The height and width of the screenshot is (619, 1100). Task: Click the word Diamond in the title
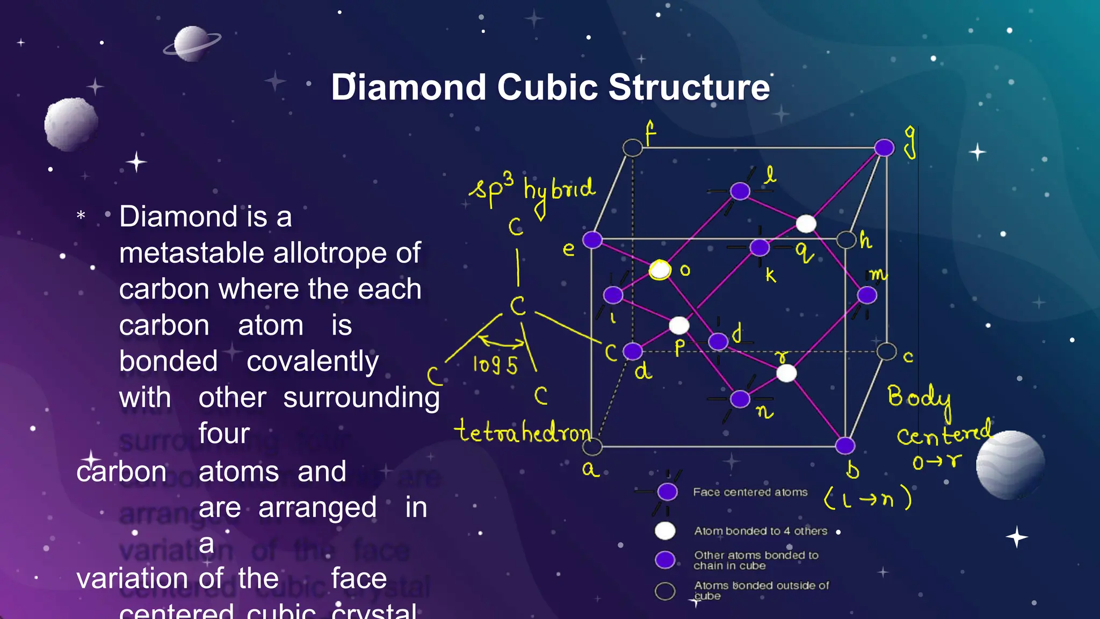(x=408, y=87)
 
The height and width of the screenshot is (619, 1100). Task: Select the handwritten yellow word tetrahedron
(x=522, y=432)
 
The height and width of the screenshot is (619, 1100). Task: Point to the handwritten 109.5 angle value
(x=495, y=365)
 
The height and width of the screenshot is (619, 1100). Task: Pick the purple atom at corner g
(x=884, y=148)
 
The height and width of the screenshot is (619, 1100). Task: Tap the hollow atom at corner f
(x=633, y=148)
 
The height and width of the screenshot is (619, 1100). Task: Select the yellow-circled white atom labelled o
(x=660, y=270)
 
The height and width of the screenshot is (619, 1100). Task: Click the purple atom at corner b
(x=845, y=445)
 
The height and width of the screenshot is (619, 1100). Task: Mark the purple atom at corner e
(x=592, y=240)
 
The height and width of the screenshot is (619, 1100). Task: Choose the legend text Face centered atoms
(x=750, y=492)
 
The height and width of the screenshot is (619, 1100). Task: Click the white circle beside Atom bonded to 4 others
(x=665, y=531)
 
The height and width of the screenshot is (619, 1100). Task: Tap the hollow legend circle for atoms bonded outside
(x=665, y=591)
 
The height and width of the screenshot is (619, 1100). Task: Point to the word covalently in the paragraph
(x=313, y=361)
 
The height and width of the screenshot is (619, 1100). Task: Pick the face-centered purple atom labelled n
(x=740, y=399)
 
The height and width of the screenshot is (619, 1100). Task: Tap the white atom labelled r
(x=787, y=373)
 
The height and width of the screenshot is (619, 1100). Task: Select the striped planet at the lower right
(x=1010, y=464)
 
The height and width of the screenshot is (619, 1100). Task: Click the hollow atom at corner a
(x=592, y=447)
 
